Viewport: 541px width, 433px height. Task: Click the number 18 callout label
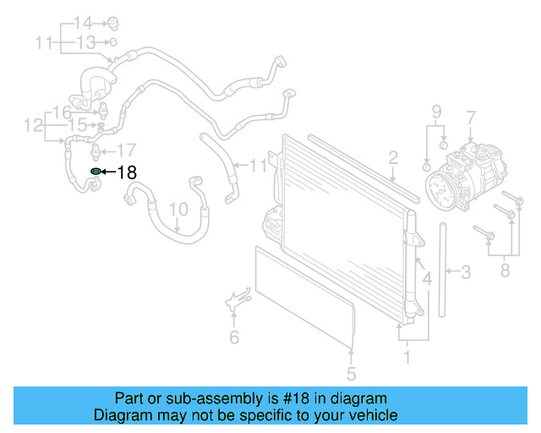(x=126, y=173)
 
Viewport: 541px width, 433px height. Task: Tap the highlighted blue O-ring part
(x=96, y=172)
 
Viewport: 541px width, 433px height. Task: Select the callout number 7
(x=471, y=118)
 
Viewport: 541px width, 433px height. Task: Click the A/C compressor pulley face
(x=440, y=188)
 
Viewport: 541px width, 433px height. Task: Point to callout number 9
(x=437, y=112)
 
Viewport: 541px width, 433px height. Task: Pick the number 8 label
(x=505, y=271)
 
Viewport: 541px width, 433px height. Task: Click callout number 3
(x=466, y=271)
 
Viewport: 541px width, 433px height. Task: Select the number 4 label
(x=427, y=277)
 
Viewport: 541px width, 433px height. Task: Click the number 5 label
(x=351, y=373)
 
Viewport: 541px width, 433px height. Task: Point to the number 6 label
(x=234, y=338)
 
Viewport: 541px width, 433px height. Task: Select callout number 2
(x=393, y=156)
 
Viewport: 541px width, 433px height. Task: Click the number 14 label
(x=82, y=22)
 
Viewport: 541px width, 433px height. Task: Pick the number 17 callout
(x=125, y=151)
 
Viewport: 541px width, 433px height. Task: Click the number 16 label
(x=62, y=112)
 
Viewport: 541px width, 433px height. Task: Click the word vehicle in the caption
(x=369, y=415)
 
